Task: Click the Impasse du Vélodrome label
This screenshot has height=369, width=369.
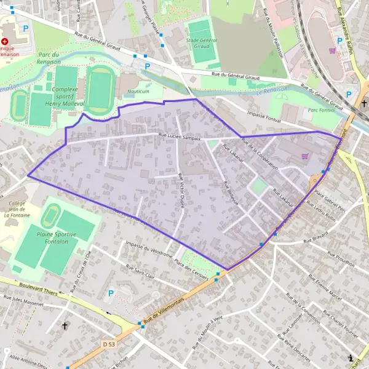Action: pos(146,248)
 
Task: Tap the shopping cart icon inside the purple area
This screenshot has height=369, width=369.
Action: pos(305,156)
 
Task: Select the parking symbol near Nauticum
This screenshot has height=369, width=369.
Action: pos(147,66)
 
